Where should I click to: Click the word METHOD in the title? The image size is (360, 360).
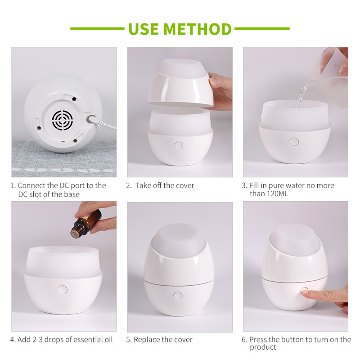[x=198, y=29]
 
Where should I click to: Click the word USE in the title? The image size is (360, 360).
[x=144, y=29]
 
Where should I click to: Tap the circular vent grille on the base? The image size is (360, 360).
[x=63, y=120]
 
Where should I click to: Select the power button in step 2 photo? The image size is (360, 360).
[x=179, y=145]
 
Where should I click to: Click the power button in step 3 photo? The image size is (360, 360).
[x=294, y=142]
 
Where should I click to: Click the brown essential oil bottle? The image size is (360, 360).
[x=85, y=223]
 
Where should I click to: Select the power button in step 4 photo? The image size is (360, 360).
[x=63, y=290]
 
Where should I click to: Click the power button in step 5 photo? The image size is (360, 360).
[x=178, y=296]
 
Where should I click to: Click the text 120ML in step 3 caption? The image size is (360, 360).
[x=277, y=194]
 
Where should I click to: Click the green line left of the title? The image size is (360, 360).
[x=97, y=29]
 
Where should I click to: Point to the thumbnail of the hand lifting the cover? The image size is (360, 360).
[x=180, y=112]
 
